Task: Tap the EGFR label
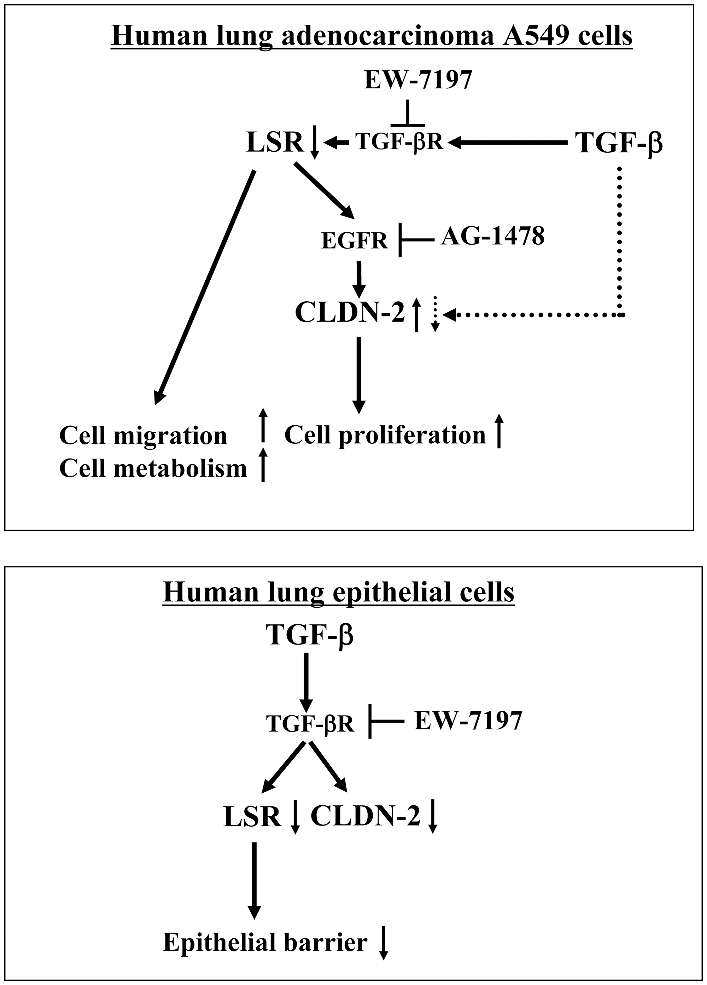click(354, 241)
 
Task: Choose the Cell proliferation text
click(385, 435)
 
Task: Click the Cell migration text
click(143, 435)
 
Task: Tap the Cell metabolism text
click(153, 468)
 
